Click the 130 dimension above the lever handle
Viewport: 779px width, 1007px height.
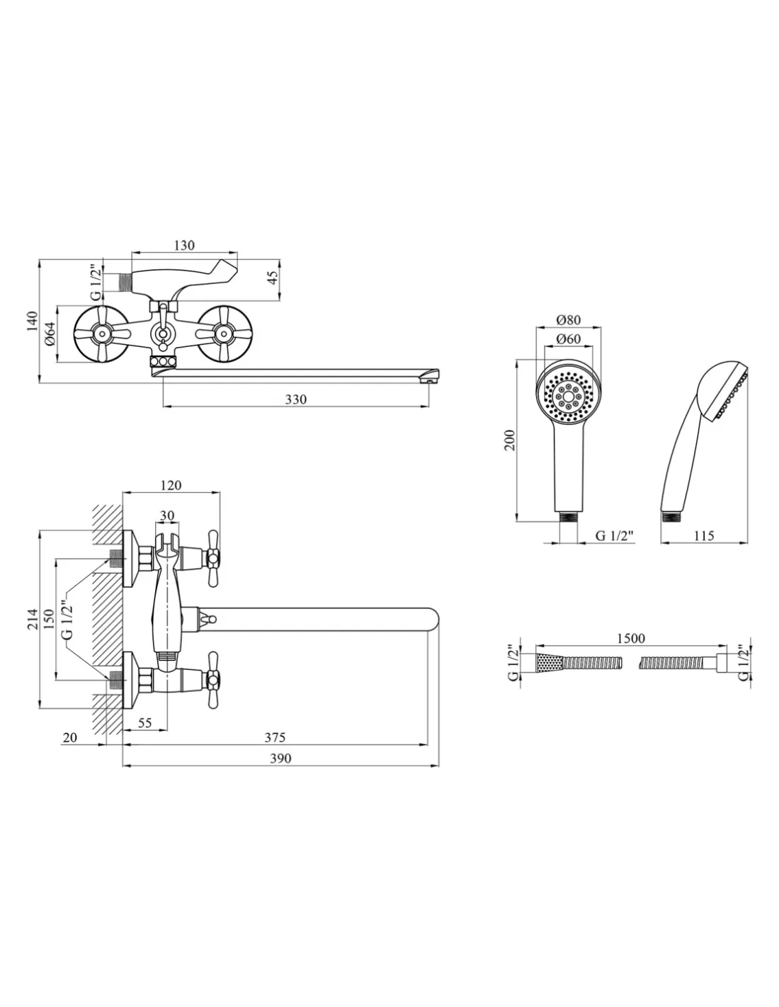[x=183, y=246]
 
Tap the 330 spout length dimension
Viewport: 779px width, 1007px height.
[x=295, y=399]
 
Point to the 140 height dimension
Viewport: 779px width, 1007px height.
[x=30, y=322]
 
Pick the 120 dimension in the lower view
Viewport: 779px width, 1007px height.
[x=171, y=485]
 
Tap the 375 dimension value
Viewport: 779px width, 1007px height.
[x=275, y=737]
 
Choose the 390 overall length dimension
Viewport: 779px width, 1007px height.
[x=280, y=758]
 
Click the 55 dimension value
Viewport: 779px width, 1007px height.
[x=145, y=723]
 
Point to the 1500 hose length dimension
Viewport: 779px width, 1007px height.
[x=630, y=638]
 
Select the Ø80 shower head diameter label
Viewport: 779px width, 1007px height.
[x=568, y=319]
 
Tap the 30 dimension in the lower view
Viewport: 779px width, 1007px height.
[x=167, y=515]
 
